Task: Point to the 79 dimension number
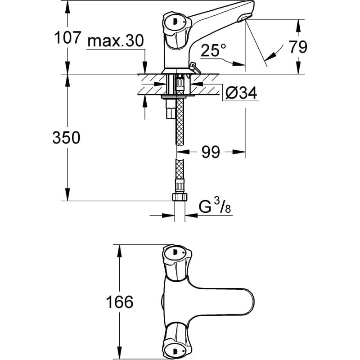297,46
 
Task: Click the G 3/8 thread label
216,207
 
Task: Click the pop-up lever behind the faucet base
195,67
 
